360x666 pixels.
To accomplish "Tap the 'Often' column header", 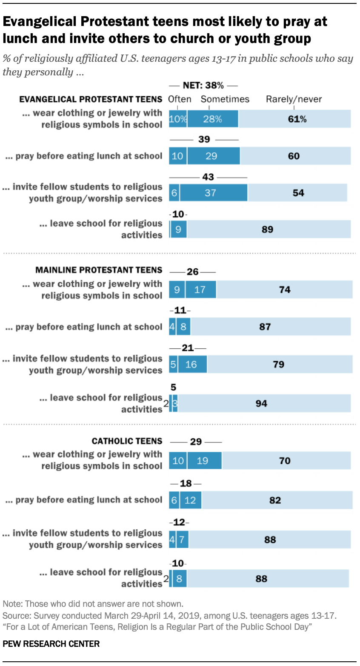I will coord(180,99).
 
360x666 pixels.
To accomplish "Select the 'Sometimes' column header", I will coord(225,99).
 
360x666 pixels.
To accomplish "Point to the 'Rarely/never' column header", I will coord(294,99).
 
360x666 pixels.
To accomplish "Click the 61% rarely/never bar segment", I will coord(295,119).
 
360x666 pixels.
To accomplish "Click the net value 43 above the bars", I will coord(208,177).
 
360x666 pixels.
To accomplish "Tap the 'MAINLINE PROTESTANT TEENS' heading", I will coord(99,270).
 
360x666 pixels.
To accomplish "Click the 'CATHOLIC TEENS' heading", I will coord(127,441).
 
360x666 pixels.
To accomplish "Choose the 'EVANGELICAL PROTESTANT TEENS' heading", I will coord(91,99).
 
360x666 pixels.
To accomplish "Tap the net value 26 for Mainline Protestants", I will coord(193,272).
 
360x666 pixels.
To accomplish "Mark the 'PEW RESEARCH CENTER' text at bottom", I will coord(51,643).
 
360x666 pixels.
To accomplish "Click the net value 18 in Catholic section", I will coord(186,483).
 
